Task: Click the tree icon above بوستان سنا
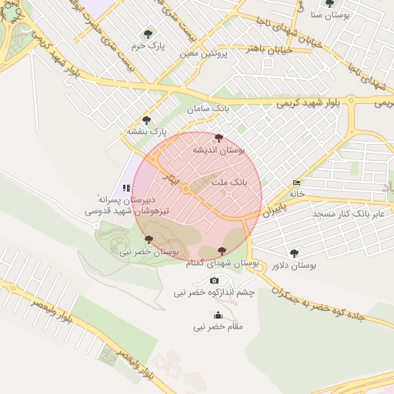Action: coord(330,4)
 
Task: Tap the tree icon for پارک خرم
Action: coord(148,34)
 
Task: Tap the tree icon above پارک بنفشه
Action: coord(146,120)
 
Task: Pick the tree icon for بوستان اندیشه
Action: coord(219,139)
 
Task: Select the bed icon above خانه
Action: coord(297,182)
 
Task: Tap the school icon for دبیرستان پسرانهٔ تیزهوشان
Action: coord(126,188)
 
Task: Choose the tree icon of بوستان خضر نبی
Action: coord(159,240)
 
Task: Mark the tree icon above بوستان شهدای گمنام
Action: coord(222,251)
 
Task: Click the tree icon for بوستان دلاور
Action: coord(294,253)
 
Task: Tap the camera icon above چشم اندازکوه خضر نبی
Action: coord(214,281)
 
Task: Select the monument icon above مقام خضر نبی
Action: coord(218,315)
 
